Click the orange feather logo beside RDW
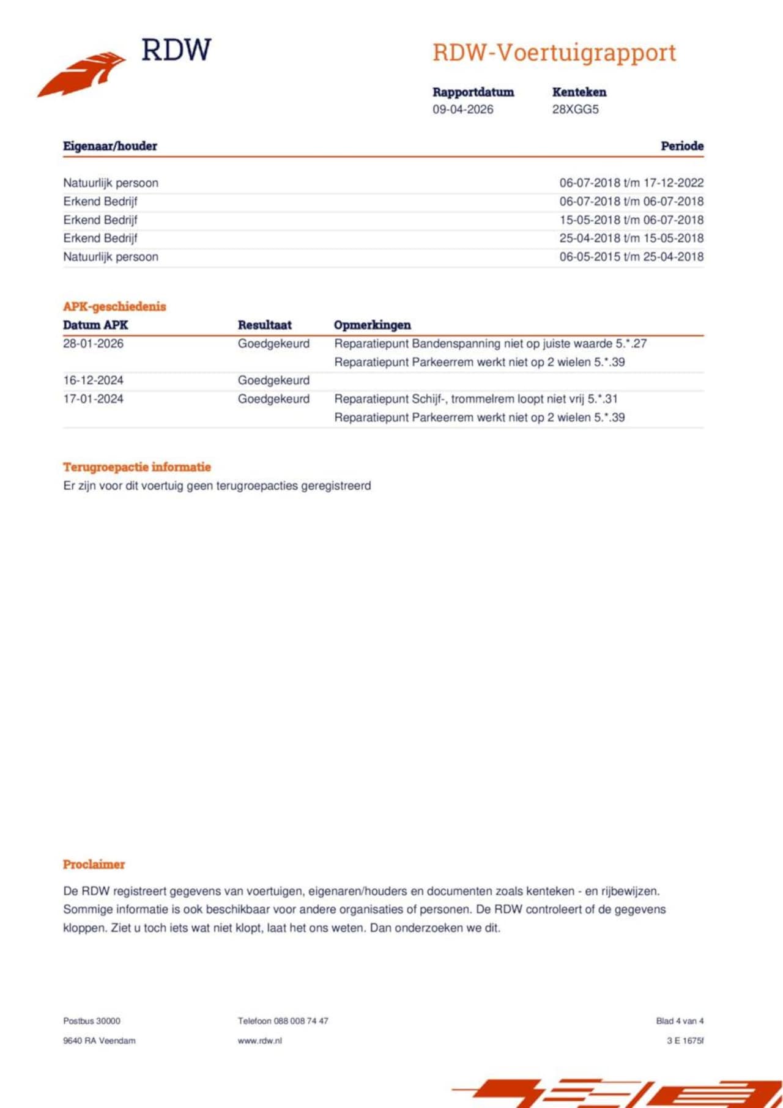click(83, 74)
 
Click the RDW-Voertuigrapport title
click(554, 53)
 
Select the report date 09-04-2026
click(462, 109)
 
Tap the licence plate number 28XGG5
click(575, 109)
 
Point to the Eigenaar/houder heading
click(110, 146)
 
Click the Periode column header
click(681, 146)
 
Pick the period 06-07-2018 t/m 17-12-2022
click(631, 183)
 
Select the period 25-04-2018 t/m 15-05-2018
click(631, 238)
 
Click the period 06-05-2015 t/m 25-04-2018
click(631, 257)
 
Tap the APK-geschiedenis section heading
click(114, 306)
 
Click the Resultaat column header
click(264, 325)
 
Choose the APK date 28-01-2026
click(93, 344)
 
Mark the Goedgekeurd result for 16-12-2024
click(273, 380)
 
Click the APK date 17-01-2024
click(93, 399)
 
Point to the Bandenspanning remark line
click(490, 344)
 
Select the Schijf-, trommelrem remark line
click(475, 399)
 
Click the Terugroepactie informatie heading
click(136, 467)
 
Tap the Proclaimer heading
click(94, 865)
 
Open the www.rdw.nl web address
click(259, 1040)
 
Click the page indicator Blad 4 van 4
click(680, 1021)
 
